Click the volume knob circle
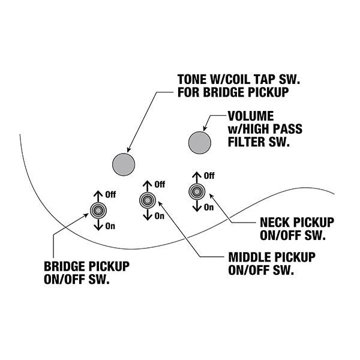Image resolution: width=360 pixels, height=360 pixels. coord(200,142)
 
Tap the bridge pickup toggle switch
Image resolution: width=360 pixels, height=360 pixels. coord(98,210)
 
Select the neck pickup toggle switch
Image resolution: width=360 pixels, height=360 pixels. coord(196,191)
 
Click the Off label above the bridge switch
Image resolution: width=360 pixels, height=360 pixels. coord(110,195)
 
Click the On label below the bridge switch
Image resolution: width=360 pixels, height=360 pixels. coord(110,226)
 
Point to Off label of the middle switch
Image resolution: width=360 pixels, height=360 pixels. coord(160,185)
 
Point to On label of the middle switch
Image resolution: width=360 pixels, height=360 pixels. coord(159,216)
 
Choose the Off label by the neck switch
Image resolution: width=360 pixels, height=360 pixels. coord(209,176)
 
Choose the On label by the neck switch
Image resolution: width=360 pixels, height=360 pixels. coord(209,207)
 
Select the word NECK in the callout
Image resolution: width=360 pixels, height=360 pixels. coord(275,221)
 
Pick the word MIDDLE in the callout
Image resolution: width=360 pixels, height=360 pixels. coord(250,258)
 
